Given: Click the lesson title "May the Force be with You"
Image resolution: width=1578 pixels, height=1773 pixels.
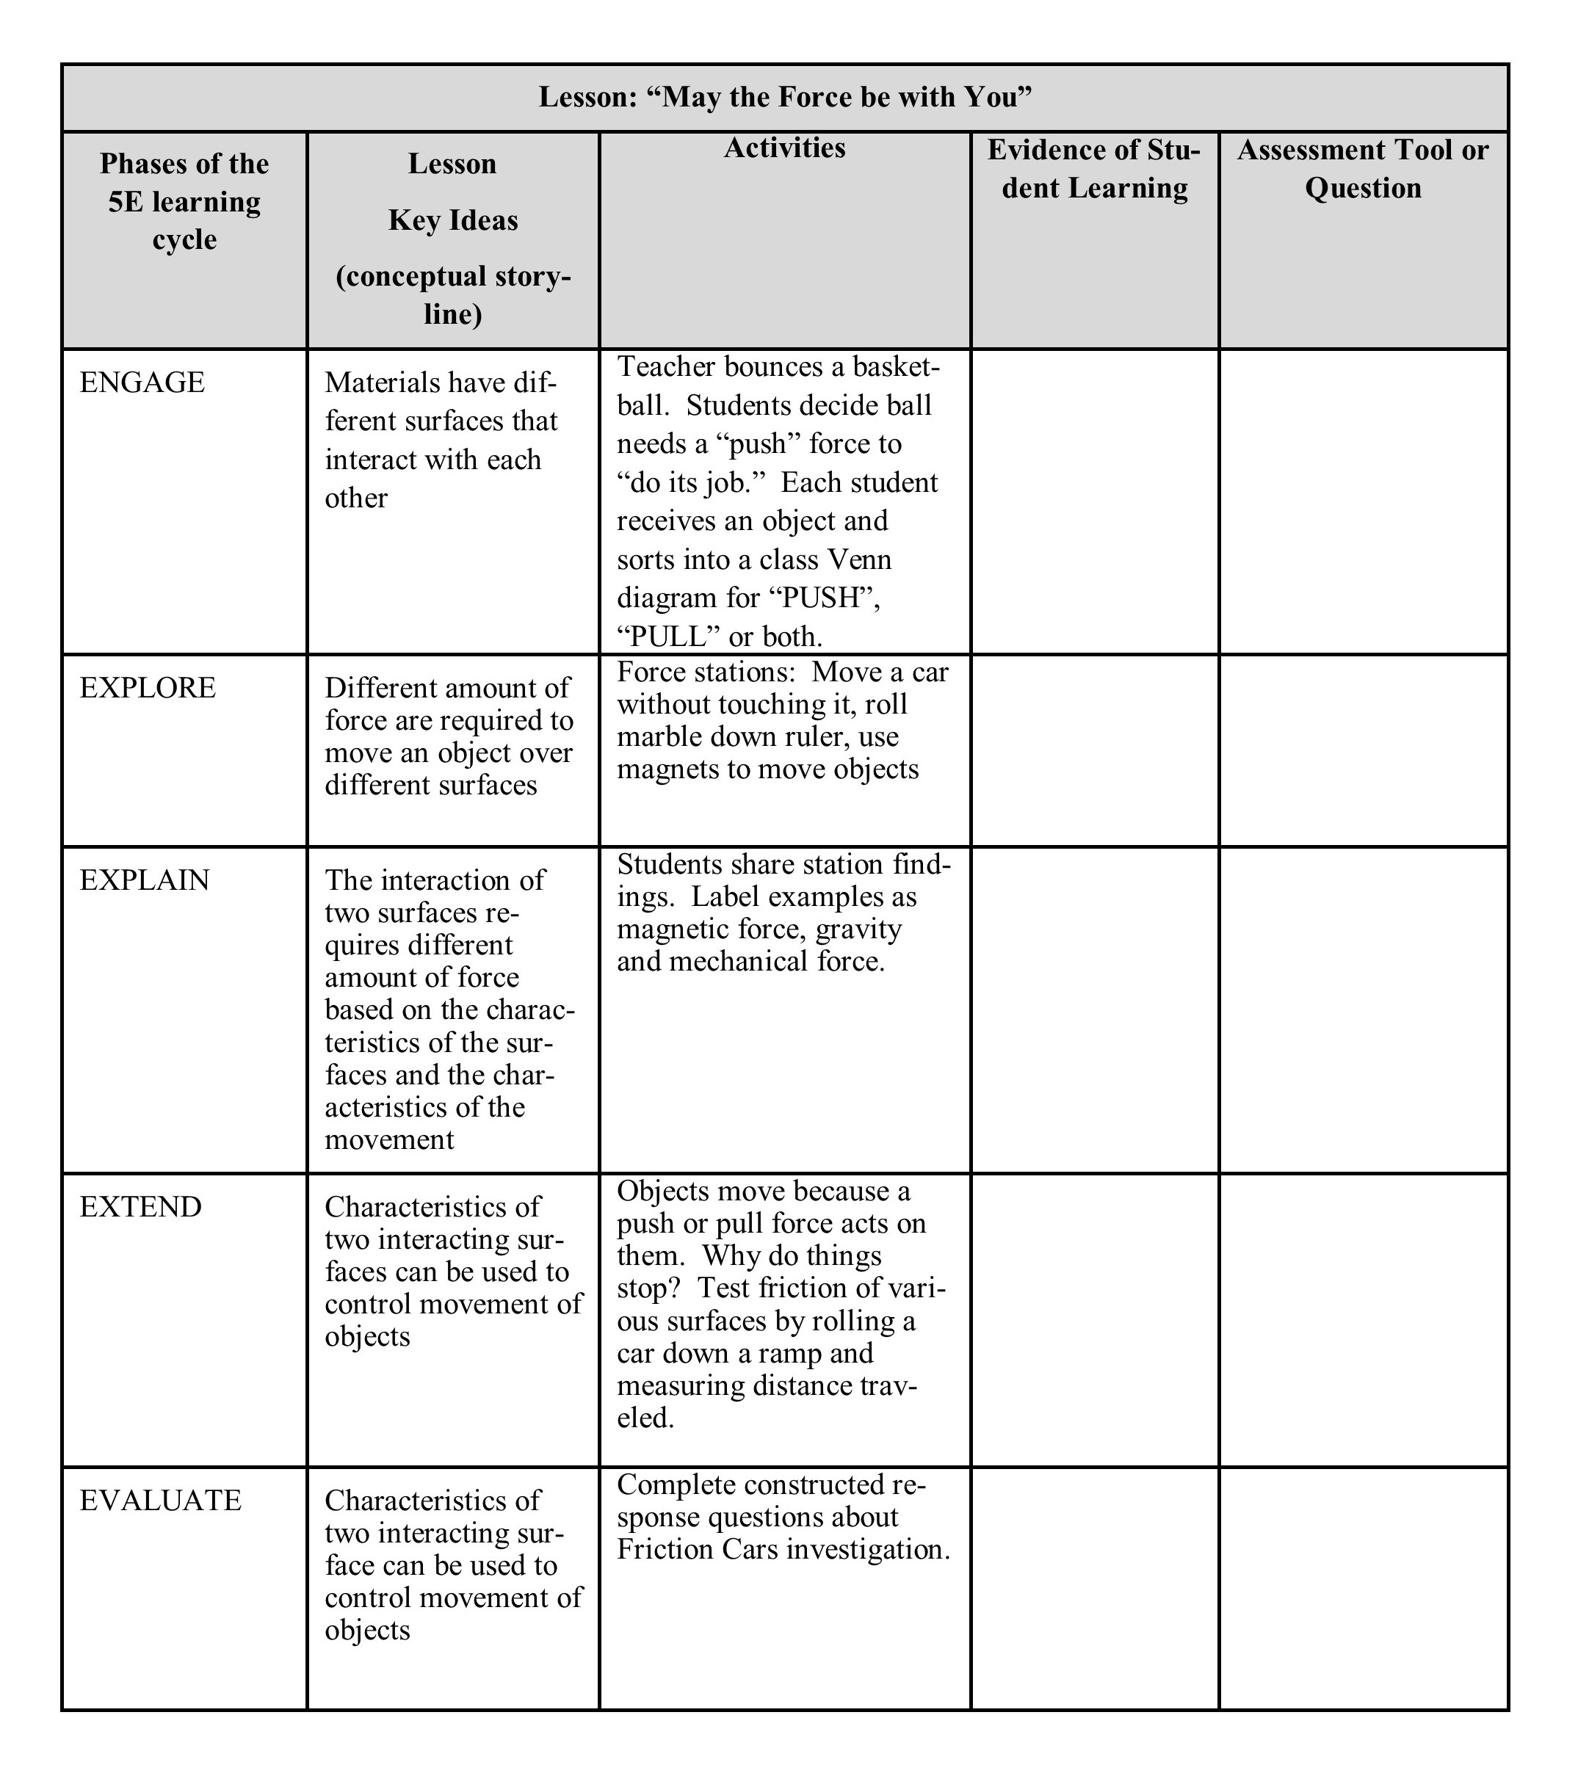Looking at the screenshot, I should pos(785,97).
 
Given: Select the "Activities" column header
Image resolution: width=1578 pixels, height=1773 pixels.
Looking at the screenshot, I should pos(784,148).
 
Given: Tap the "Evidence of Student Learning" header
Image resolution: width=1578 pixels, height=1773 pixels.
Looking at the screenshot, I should pos(1094,169).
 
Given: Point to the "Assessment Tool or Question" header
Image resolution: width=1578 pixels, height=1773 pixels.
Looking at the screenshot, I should pos(1362,169).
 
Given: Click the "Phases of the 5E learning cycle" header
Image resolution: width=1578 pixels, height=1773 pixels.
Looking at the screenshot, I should pos(184,201).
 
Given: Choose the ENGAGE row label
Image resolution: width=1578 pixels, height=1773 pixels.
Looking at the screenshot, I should pos(142,382).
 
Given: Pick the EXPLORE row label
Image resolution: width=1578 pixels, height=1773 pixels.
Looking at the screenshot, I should pos(148,688).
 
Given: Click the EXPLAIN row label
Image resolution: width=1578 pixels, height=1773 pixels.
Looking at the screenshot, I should pos(145,880).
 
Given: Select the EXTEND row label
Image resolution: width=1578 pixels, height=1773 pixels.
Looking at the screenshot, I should pos(140,1206).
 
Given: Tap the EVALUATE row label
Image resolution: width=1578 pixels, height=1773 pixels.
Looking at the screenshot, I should pos(161,1500).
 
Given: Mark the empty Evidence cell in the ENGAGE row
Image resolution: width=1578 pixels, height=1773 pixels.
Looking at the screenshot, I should pos(1094,501).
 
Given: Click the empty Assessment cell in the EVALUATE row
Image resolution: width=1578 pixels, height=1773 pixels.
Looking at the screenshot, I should pos(1362,1587).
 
